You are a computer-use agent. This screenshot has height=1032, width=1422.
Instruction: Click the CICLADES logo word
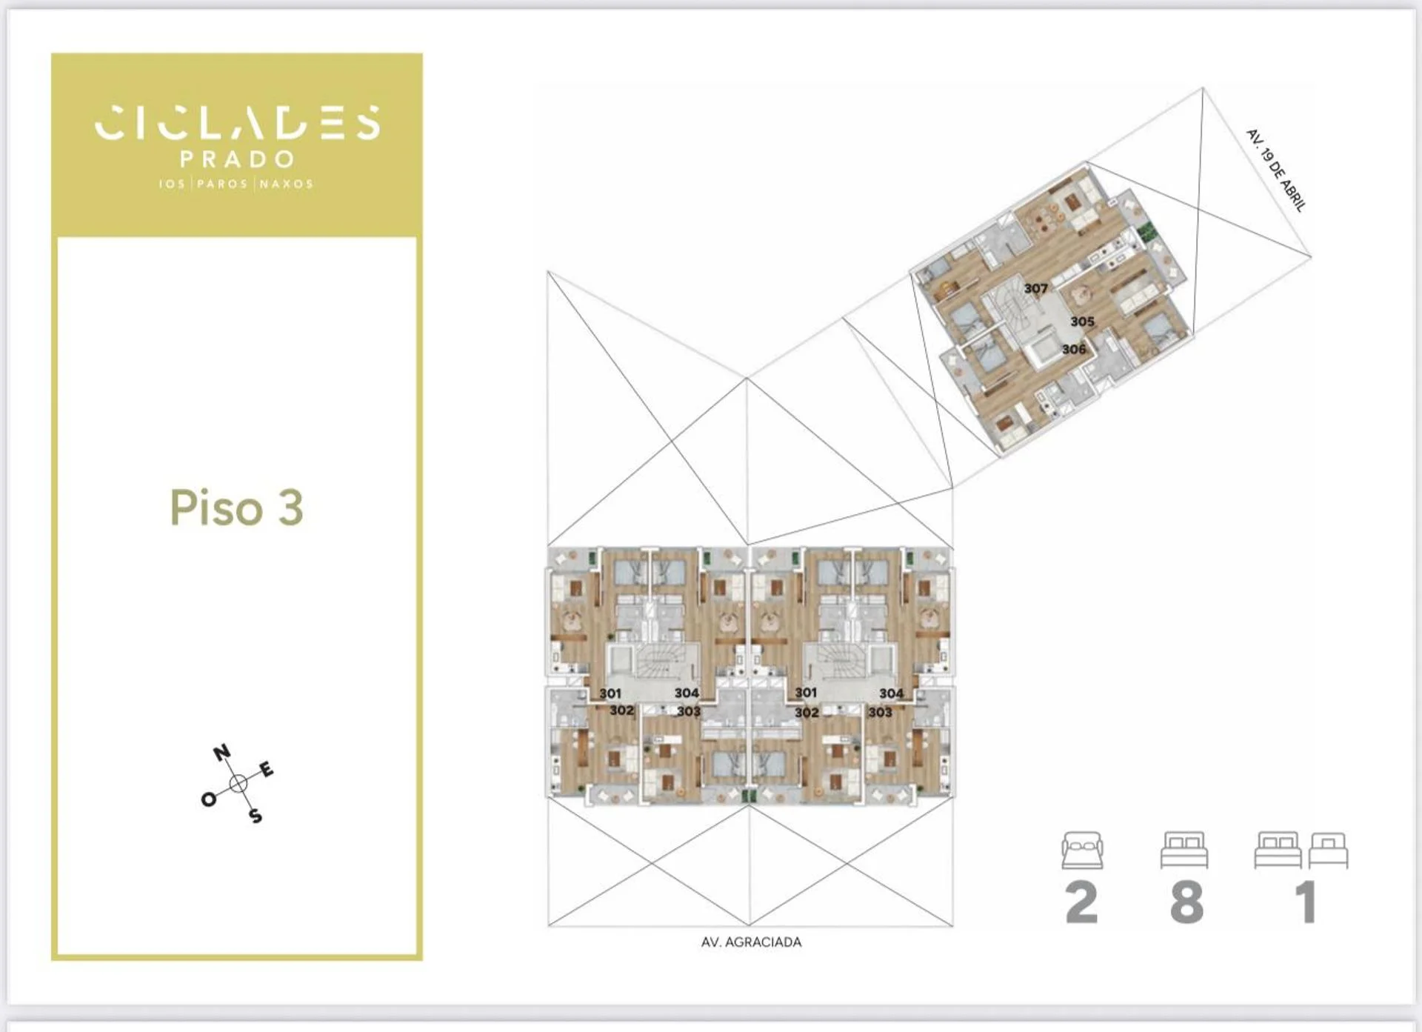tap(237, 122)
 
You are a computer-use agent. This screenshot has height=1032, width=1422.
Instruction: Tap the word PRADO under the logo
tap(237, 159)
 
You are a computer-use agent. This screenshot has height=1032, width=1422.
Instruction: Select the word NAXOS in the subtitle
tap(287, 184)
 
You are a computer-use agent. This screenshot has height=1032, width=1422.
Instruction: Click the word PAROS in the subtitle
tap(222, 184)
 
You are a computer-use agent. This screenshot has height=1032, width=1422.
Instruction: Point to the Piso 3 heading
tap(237, 508)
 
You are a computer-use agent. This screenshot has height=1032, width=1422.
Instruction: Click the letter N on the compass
tap(221, 754)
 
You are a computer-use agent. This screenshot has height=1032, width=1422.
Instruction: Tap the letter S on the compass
tap(256, 816)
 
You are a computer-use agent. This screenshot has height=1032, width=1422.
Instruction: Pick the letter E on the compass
tap(267, 770)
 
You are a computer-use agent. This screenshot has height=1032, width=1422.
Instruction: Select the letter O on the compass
tap(209, 799)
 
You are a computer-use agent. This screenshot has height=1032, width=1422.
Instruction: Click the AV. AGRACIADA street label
tap(751, 942)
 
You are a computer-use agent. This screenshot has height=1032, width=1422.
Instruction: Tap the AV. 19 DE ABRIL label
tap(1275, 170)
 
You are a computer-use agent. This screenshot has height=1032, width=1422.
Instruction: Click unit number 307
tap(1035, 288)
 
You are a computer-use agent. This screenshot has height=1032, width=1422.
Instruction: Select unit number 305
tap(1082, 322)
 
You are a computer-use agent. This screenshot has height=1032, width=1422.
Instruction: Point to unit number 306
tap(1074, 349)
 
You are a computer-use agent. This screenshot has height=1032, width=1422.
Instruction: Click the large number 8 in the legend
tap(1186, 902)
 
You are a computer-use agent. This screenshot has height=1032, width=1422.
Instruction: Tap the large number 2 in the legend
tap(1081, 902)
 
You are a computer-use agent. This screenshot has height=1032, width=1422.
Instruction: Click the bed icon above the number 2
tap(1082, 850)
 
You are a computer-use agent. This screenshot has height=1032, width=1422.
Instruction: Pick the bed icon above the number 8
tap(1184, 850)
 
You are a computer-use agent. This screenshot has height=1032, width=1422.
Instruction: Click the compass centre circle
tap(238, 784)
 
